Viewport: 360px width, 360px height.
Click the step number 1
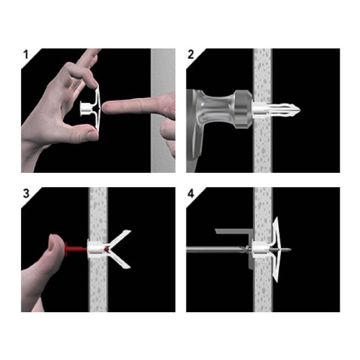point(26,55)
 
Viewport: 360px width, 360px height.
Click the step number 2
point(190,55)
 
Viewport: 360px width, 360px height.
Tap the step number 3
point(26,193)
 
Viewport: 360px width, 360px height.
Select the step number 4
point(191,194)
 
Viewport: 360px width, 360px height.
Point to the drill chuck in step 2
point(243,109)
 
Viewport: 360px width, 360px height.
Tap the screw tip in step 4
point(289,249)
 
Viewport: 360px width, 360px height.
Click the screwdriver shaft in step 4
point(216,249)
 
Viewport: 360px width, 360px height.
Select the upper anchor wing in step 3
point(120,238)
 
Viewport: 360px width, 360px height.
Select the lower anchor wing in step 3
point(119,260)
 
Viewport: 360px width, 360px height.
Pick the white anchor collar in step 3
point(96,249)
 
